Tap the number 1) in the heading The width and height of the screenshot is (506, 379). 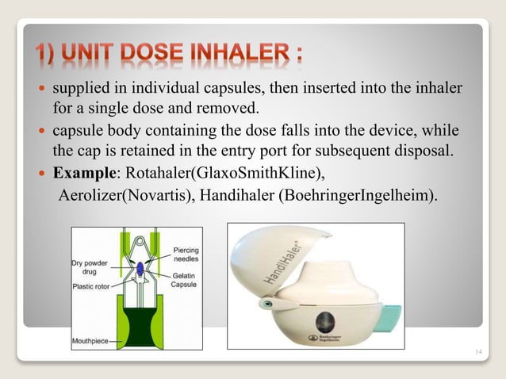(50, 57)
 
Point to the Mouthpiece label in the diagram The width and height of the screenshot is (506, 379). (90, 343)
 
